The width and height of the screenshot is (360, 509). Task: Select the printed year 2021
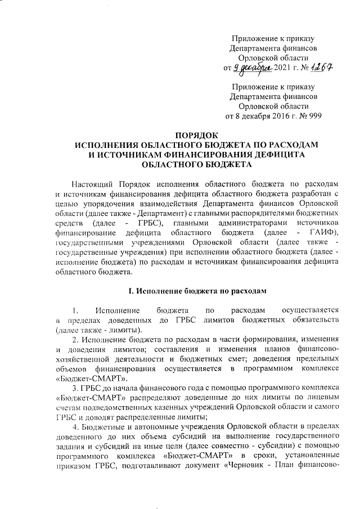(282, 69)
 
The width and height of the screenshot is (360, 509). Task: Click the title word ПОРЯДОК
(197, 136)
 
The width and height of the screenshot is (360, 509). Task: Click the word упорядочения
(109, 205)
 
